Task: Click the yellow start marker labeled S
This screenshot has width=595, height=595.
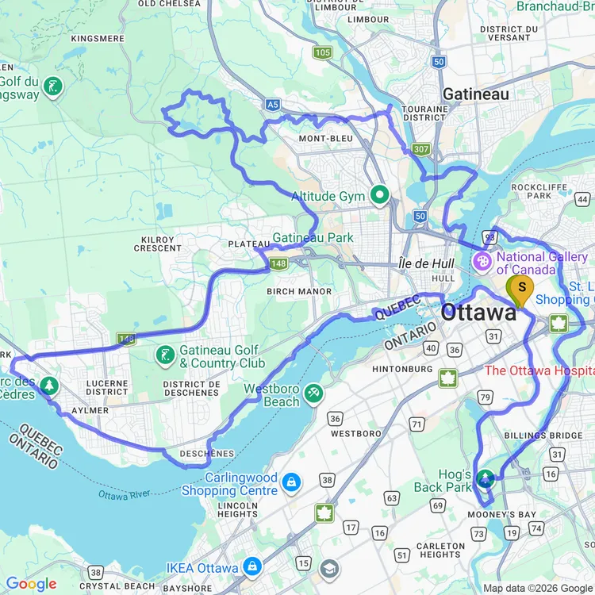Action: coord(521,289)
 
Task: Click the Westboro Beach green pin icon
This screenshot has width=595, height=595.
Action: coord(314,393)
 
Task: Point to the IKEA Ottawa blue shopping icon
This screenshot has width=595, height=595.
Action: coord(252,566)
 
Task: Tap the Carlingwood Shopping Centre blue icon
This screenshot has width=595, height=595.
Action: coord(292,482)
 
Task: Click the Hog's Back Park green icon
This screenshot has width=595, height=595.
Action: coord(485,478)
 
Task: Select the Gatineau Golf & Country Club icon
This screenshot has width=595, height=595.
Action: coord(164,355)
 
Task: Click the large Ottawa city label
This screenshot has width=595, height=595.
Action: coord(478,313)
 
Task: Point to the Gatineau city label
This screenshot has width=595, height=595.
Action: coord(476,94)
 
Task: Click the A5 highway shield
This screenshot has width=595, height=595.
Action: coord(273,103)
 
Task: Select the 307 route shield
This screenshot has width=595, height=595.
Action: coord(420,149)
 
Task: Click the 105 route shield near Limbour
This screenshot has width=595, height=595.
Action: coord(321,53)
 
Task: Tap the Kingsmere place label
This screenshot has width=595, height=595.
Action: coord(98,38)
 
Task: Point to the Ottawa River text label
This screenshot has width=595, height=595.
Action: coord(124,495)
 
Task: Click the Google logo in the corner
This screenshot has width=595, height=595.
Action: coord(32,584)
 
